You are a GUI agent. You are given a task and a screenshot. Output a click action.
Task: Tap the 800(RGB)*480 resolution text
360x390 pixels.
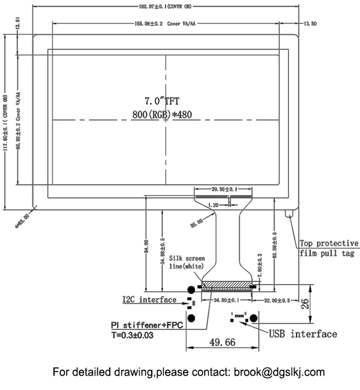pos(162,114)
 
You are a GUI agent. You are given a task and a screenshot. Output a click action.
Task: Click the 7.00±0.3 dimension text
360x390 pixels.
pos(260,264)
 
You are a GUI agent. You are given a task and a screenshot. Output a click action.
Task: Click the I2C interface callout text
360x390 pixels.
pos(149,299)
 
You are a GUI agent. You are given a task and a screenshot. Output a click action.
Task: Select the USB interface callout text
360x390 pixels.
pos(302,334)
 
